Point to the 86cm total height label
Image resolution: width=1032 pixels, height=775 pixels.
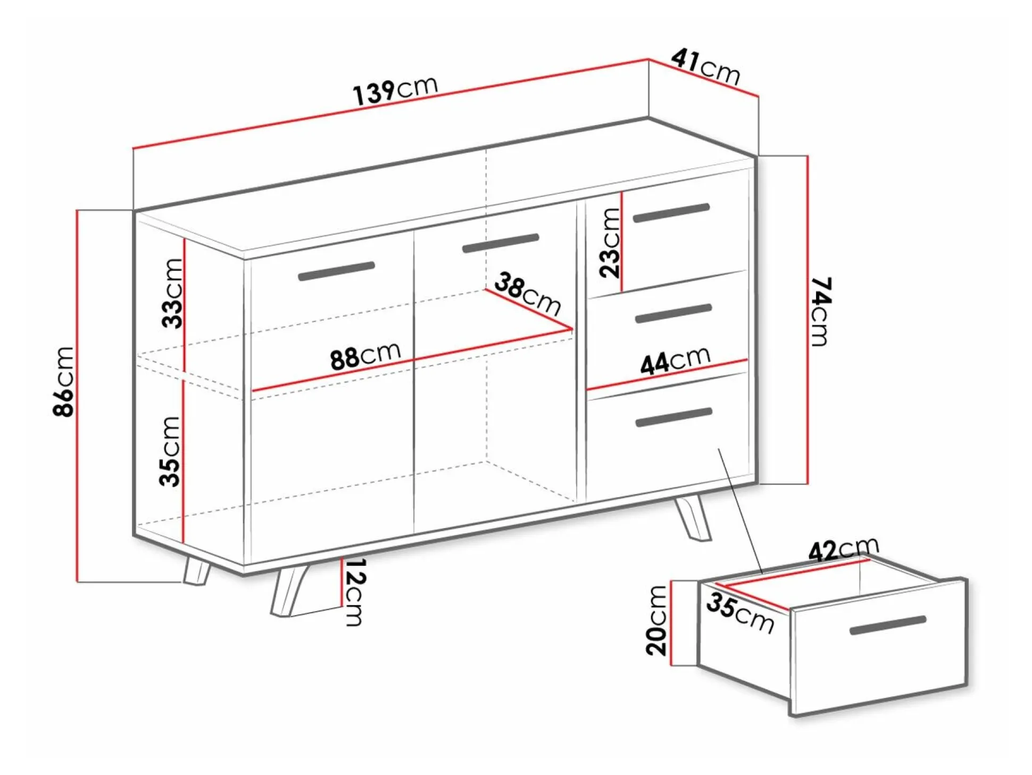coord(63,381)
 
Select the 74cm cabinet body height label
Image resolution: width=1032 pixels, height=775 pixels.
coord(820,311)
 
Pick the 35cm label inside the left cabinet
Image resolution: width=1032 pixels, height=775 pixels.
coord(171,451)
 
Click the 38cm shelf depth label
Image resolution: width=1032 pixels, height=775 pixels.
coord(528,293)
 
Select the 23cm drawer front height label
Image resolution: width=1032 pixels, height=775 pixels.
coord(610,243)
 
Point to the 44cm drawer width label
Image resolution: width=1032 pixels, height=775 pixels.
coord(675,360)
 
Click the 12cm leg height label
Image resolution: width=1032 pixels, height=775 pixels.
coord(354,592)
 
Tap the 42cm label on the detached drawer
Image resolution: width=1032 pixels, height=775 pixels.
coord(843,549)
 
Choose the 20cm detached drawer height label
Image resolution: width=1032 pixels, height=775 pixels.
coord(656,620)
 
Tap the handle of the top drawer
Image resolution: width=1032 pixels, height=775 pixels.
coord(671,212)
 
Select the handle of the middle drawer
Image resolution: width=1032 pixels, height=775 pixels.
coord(673,314)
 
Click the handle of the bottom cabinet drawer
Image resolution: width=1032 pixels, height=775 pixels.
coord(673,417)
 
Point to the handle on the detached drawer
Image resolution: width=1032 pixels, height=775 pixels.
coord(888,625)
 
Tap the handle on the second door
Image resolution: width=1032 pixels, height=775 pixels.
coord(501,243)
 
